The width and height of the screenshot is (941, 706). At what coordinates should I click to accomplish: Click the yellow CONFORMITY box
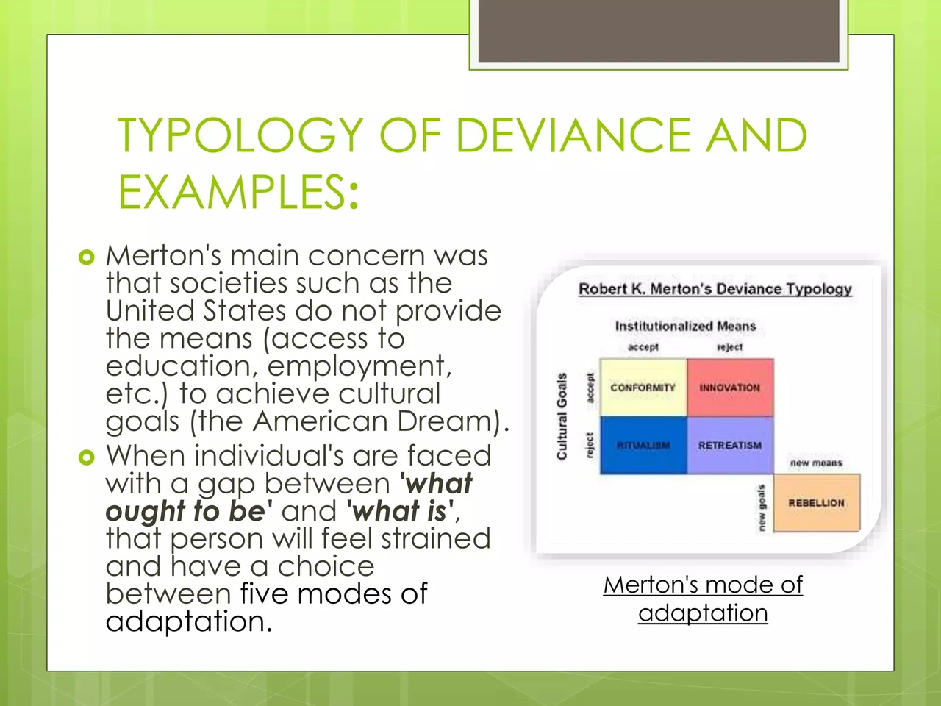tap(643, 388)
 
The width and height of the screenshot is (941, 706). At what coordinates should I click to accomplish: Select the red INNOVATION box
tap(730, 388)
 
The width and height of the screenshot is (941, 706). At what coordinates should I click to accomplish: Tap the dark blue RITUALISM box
tap(643, 446)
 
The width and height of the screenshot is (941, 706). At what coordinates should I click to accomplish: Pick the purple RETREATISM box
tap(730, 446)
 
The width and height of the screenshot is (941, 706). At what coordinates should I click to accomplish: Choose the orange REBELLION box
tap(817, 503)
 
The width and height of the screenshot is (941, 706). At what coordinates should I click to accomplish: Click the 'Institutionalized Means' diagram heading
tap(685, 327)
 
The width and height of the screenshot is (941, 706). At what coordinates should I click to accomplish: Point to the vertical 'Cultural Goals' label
tap(562, 416)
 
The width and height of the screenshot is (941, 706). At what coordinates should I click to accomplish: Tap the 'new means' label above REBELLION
tap(816, 463)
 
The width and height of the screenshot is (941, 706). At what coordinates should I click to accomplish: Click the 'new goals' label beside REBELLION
tap(762, 507)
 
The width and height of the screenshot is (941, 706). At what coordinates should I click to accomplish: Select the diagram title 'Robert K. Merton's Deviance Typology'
tap(715, 289)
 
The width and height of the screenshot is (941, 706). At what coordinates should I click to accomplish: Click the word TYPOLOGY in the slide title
tap(240, 135)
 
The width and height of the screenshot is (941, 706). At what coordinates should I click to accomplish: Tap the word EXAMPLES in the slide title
tap(232, 191)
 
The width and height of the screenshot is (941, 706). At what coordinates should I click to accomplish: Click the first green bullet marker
tap(87, 257)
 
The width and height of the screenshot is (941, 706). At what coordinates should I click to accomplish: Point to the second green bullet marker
tap(87, 457)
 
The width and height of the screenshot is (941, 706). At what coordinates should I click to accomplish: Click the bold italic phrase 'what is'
tap(399, 511)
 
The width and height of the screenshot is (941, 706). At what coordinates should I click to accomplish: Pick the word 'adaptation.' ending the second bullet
tap(189, 621)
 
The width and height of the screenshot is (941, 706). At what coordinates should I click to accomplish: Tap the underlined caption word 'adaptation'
tap(703, 613)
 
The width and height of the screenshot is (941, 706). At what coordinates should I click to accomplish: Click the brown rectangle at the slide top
tap(659, 31)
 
